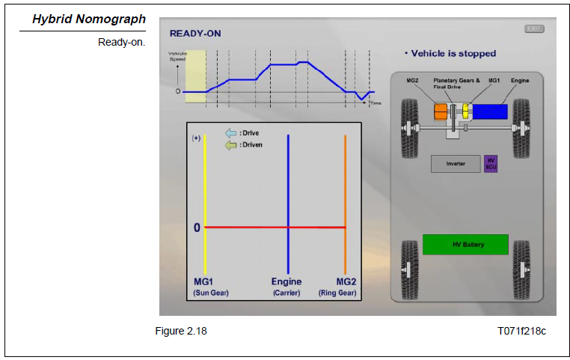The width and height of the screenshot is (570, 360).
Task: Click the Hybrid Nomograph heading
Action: click(88, 19)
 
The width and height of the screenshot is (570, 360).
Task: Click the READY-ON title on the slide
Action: click(195, 34)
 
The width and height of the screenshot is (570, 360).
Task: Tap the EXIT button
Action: click(534, 29)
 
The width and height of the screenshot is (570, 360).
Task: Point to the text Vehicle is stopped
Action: click(450, 54)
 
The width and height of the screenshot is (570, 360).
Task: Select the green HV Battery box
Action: click(465, 245)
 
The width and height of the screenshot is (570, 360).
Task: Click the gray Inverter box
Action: click(456, 164)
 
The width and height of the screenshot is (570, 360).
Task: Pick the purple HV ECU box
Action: click(491, 164)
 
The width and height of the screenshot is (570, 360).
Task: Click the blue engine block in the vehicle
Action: click(491, 112)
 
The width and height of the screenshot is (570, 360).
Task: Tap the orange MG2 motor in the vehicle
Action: click(441, 112)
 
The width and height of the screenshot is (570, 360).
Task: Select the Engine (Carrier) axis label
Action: click(287, 287)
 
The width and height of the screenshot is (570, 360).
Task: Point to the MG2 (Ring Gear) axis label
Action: click(346, 287)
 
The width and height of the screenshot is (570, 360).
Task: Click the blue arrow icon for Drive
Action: click(231, 133)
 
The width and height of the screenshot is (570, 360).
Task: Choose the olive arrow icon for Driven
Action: click(231, 144)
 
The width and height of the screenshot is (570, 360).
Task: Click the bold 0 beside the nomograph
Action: click(197, 227)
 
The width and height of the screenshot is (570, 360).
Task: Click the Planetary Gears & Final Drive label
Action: click(456, 83)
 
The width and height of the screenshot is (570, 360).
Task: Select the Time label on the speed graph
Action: click(375, 103)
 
